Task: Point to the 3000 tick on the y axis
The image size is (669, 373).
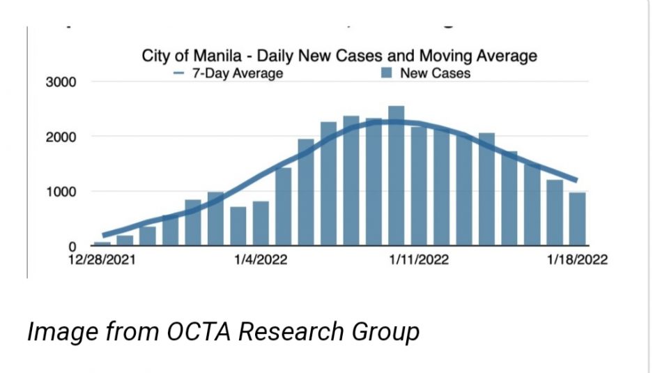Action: (62, 82)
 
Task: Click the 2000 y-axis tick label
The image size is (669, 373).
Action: (62, 137)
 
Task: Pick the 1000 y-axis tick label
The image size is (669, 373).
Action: (62, 192)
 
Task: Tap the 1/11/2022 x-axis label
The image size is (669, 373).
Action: (418, 261)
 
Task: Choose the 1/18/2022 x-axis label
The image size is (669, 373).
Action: (577, 261)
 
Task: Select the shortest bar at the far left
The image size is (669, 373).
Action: (102, 243)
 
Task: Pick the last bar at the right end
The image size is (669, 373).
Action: (576, 219)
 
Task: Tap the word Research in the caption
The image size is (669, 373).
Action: (296, 332)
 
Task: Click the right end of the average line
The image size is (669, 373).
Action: (576, 180)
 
